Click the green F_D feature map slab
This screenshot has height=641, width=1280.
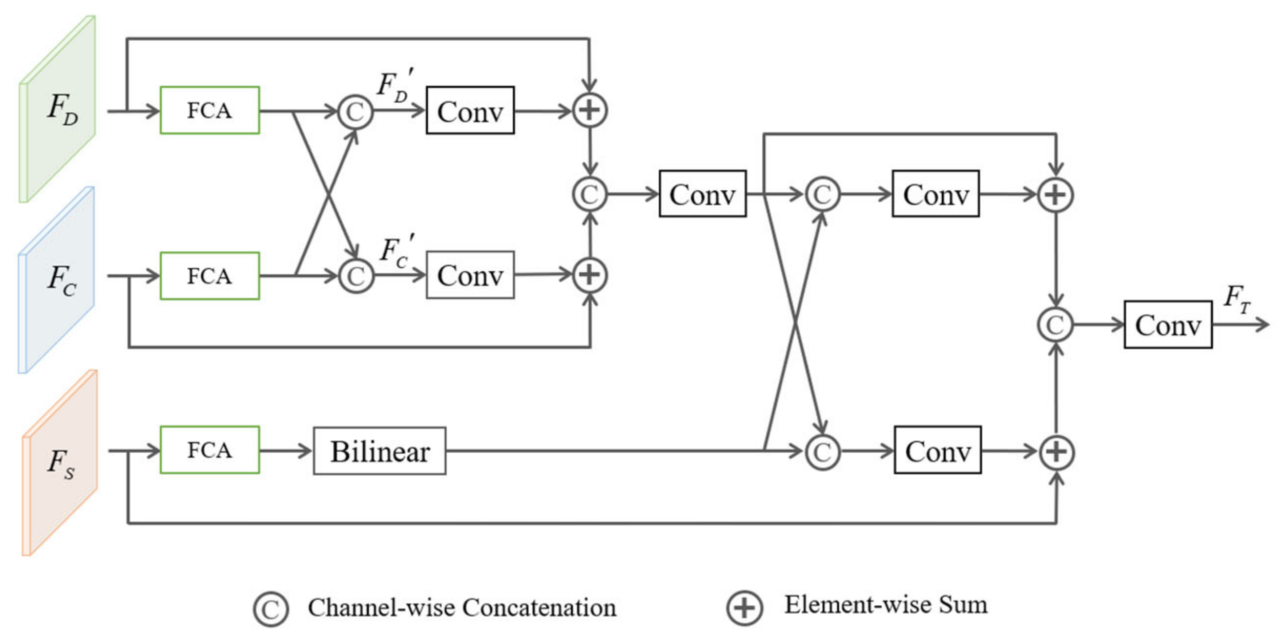coord(57,109)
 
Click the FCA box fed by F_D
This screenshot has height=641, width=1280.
coord(210,110)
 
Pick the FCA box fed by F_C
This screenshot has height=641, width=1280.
coord(210,276)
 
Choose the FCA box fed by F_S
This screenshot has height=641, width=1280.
coord(210,450)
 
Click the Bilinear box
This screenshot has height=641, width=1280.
coord(380,451)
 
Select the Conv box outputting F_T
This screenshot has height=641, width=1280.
coord(1168,325)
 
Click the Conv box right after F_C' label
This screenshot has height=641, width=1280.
coord(470,275)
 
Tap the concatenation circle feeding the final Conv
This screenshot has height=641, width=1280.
coord(1055,325)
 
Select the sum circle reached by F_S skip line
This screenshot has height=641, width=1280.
coord(1057,452)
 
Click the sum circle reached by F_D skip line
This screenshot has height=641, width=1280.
coord(589,110)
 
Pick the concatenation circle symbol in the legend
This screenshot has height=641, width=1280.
coord(271,608)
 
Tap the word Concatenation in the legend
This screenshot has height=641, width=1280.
coord(539,607)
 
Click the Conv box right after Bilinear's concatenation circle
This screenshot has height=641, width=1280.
coord(938,450)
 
